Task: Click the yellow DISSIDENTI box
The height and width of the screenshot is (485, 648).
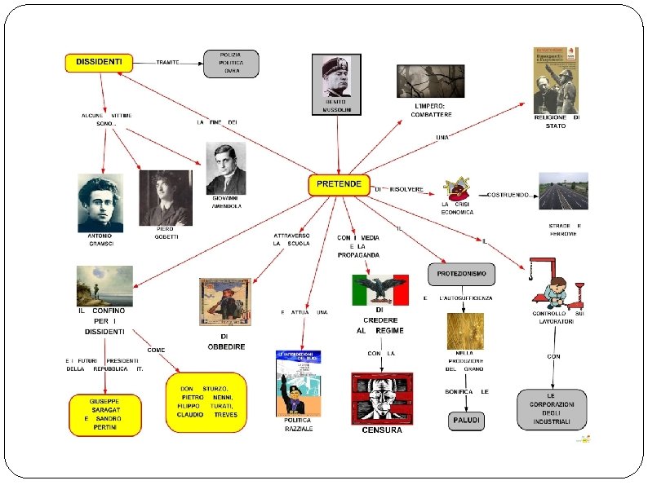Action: point(99,62)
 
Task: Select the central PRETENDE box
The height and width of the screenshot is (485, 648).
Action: point(339,185)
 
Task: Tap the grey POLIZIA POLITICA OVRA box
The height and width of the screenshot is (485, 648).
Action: point(231,63)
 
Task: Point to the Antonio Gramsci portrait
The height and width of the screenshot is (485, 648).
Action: point(100,203)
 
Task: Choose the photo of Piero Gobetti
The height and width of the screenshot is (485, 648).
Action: point(166,196)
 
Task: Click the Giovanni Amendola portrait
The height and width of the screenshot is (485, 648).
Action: point(226,170)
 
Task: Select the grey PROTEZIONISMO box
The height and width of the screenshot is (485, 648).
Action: point(461,274)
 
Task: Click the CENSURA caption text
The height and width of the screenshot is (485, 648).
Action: point(382,430)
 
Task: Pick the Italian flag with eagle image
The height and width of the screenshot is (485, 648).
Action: point(379,289)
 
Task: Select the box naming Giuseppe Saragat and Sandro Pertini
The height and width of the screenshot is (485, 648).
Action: point(104,414)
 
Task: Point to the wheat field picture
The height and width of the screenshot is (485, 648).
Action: point(464,331)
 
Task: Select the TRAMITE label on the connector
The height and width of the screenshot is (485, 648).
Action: point(168,62)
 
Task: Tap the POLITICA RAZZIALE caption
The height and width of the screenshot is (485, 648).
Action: point(298,424)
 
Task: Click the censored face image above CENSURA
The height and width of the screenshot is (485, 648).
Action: point(382,398)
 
